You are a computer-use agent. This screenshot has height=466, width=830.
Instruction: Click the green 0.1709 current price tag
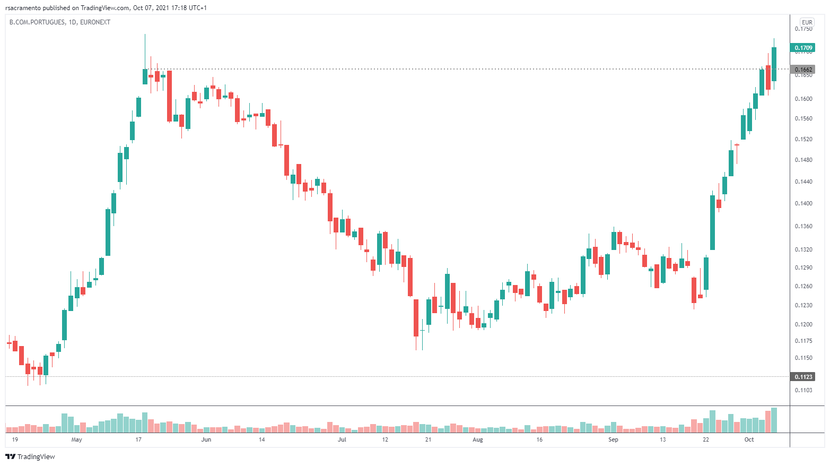[803, 48]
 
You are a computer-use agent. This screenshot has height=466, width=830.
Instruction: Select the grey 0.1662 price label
[803, 70]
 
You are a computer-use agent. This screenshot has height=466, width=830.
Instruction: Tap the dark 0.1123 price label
[803, 377]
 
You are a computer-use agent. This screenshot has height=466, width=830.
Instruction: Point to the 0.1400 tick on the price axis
[803, 203]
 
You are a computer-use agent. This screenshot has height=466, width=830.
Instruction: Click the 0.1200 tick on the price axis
[803, 324]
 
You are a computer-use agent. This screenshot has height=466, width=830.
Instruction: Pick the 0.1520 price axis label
[803, 139]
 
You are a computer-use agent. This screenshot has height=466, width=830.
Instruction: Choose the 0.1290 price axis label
[803, 267]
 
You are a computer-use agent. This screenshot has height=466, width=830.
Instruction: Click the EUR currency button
[807, 22]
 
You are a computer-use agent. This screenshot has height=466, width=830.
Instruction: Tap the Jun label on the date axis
[206, 439]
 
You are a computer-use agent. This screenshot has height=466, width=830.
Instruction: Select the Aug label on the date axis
[478, 439]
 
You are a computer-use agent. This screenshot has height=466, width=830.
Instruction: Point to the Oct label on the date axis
[749, 439]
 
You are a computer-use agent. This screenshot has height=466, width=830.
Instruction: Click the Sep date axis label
[613, 439]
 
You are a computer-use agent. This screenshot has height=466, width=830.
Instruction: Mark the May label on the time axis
[77, 439]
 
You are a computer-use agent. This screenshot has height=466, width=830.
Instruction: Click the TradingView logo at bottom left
[30, 456]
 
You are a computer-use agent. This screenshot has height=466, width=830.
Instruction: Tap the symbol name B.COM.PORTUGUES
[37, 22]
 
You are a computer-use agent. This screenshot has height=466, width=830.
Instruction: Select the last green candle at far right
[774, 64]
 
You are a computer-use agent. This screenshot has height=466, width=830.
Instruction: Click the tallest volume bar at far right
[774, 420]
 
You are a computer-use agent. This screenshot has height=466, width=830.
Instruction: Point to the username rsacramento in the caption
[23, 8]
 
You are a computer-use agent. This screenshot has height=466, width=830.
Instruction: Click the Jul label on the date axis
[342, 439]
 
